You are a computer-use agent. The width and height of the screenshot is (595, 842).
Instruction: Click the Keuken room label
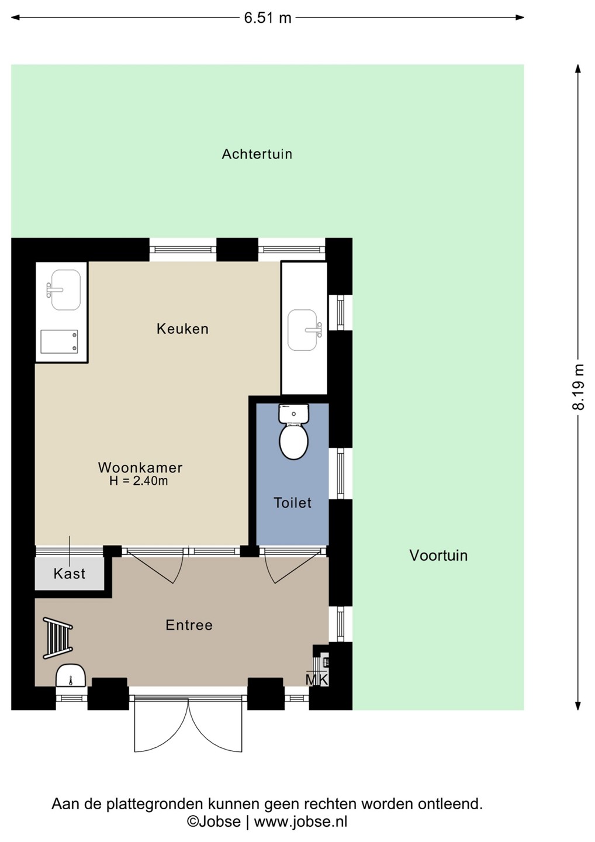[x=182, y=329]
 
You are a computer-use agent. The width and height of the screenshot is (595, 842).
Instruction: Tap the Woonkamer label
[x=140, y=468]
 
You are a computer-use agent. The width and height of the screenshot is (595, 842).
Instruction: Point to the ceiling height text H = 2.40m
[x=139, y=481]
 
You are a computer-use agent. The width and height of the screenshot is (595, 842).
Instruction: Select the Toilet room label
[x=292, y=503]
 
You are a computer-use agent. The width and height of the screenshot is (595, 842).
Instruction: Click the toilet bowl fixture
[x=294, y=442]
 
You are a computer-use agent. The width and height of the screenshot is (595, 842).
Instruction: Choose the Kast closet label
[x=70, y=574]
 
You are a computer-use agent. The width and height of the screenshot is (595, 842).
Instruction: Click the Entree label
[x=189, y=625]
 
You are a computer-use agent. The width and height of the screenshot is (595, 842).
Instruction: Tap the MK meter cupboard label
[x=317, y=679]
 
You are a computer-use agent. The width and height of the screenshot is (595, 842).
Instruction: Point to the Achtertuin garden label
[x=257, y=154]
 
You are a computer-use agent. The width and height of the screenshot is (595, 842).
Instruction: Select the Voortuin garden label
[x=438, y=555]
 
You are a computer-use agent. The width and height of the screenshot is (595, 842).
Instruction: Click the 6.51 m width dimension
[x=268, y=18]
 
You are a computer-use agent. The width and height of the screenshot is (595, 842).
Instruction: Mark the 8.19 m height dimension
[x=579, y=387]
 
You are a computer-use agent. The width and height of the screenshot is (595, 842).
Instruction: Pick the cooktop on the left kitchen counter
[x=60, y=341]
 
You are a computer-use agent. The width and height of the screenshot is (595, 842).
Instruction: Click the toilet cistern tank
[x=294, y=413]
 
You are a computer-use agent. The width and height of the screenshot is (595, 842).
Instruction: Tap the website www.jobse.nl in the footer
[x=300, y=821]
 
